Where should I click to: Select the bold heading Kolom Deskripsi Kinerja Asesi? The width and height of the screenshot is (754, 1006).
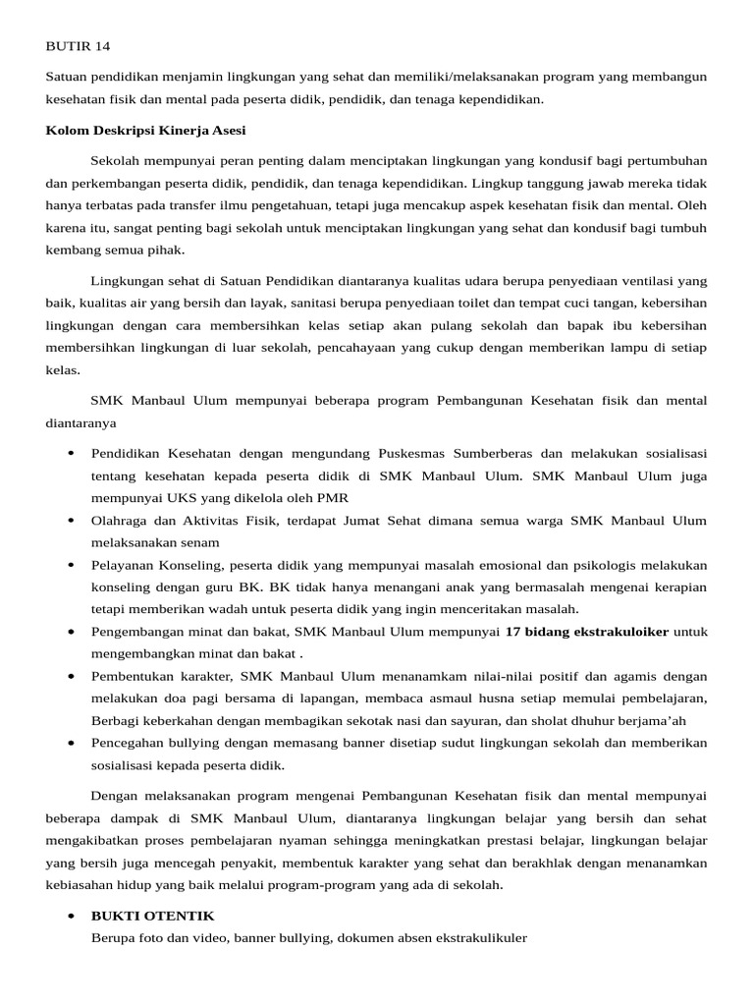click(146, 131)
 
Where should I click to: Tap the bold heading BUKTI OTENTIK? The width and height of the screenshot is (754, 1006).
click(152, 916)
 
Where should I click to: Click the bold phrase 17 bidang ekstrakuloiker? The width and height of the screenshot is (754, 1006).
click(586, 632)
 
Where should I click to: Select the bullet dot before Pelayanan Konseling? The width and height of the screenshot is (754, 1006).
click(72, 566)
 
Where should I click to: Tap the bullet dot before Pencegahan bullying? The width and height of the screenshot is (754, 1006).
click(72, 744)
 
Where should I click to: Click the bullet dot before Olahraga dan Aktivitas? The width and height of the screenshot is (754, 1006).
click(72, 521)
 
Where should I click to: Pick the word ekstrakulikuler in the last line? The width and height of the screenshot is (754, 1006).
click(478, 937)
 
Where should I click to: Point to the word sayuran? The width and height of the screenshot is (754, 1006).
click(521, 720)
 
